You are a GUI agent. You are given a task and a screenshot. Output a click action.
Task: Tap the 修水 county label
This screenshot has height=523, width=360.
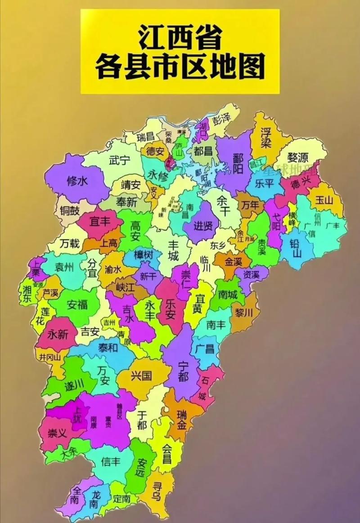77,181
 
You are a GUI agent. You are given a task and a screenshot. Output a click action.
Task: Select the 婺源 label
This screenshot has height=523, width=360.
298,157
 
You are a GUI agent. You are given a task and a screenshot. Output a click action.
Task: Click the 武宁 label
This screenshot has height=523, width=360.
119,160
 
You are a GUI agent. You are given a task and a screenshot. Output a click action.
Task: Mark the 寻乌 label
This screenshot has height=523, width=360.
156,491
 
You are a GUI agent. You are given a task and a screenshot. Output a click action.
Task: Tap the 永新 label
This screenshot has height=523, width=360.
57,335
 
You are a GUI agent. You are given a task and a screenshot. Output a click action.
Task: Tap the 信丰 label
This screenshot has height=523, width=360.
111,461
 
